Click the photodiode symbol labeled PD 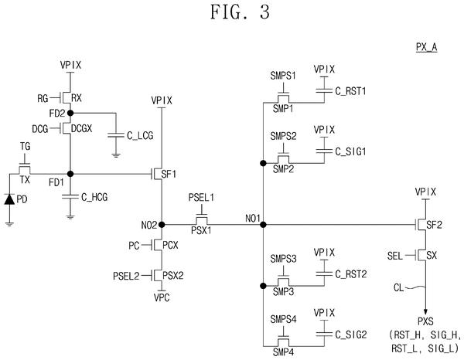pos(9,199)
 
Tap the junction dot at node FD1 pos(70,174)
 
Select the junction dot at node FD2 pos(70,113)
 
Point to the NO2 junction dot pos(162,225)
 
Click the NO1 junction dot pos(263,225)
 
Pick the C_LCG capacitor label pos(140,136)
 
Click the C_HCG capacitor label pos(94,197)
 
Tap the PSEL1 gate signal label pos(201,198)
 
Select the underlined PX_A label pos(426,47)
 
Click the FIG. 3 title pos(240,12)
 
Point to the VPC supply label pos(162,297)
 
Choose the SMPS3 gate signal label pos(283,259)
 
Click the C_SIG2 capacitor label pos(351,335)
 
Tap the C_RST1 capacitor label pos(350,91)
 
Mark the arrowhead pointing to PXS pos(425,312)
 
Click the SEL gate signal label pos(395,256)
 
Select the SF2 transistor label pos(434,226)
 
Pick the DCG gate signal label pos(40,129)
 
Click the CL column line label pos(398,287)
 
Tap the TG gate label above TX pos(26,146)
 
